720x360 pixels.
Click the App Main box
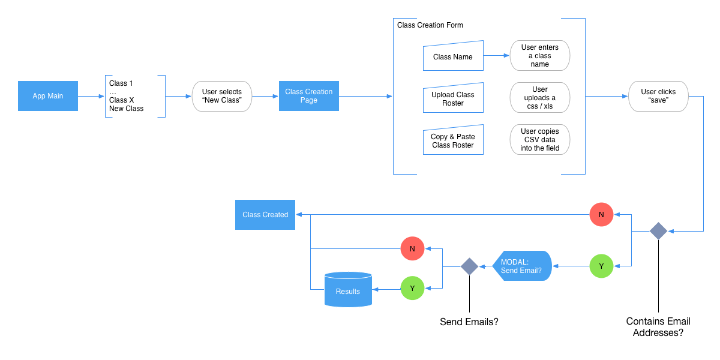pyautogui.click(x=48, y=96)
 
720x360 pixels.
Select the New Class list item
pyautogui.click(x=127, y=109)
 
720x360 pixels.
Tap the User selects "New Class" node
pyautogui.click(x=222, y=96)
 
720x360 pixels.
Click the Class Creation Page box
pyautogui.click(x=309, y=96)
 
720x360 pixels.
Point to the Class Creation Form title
pyautogui.click(x=430, y=25)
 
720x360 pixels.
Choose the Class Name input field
pyautogui.click(x=453, y=57)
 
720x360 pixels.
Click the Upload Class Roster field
pyautogui.click(x=453, y=99)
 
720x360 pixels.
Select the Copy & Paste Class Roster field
pyautogui.click(x=453, y=141)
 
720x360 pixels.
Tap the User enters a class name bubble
pyautogui.click(x=539, y=56)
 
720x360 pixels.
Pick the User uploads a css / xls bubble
pyautogui.click(x=539, y=98)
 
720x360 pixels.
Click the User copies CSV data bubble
pyautogui.click(x=539, y=140)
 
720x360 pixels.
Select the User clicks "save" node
pyautogui.click(x=658, y=96)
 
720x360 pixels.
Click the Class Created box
pyautogui.click(x=265, y=215)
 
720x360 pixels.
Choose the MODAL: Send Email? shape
pyautogui.click(x=521, y=266)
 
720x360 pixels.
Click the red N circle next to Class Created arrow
pyautogui.click(x=601, y=214)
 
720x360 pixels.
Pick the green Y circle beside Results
pyautogui.click(x=412, y=288)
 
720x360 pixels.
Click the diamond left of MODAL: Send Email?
pyautogui.click(x=469, y=266)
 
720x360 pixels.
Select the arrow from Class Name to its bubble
pyautogui.click(x=497, y=56)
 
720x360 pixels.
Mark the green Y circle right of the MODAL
pyautogui.click(x=601, y=266)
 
